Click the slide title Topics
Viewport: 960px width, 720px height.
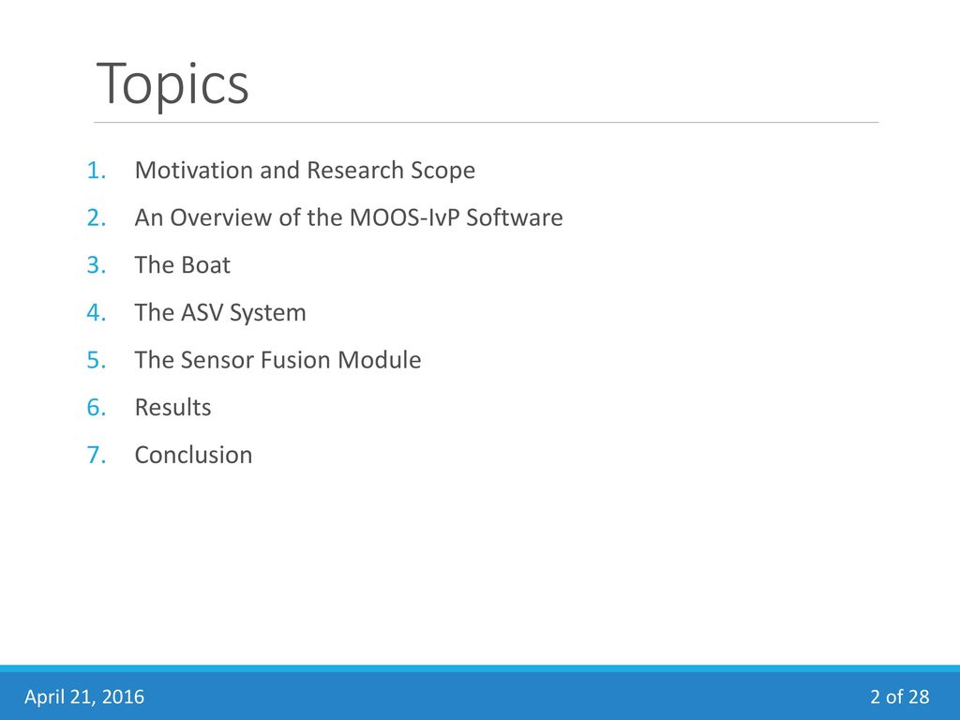pyautogui.click(x=172, y=83)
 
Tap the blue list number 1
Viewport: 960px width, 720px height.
pyautogui.click(x=97, y=171)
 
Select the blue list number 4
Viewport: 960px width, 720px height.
pyautogui.click(x=97, y=313)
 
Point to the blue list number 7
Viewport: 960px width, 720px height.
pyautogui.click(x=97, y=455)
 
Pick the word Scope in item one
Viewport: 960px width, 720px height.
pyautogui.click(x=442, y=172)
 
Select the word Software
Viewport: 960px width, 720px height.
pyautogui.click(x=515, y=217)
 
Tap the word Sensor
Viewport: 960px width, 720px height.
pyautogui.click(x=217, y=360)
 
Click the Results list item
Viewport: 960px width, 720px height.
pyautogui.click(x=172, y=408)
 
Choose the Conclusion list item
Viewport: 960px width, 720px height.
pyautogui.click(x=193, y=455)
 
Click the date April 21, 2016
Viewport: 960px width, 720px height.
pyautogui.click(x=84, y=697)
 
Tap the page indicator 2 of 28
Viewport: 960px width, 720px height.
pyautogui.click(x=899, y=697)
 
